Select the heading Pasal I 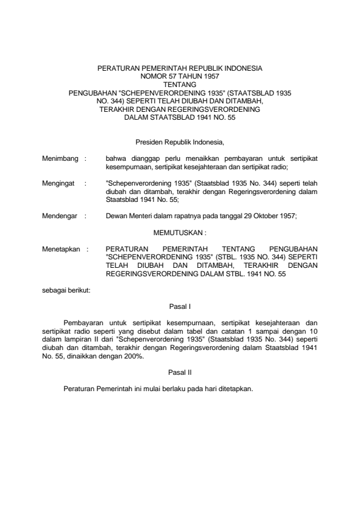point(180,307)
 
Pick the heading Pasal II point(180,372)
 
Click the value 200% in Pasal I point(133,357)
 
